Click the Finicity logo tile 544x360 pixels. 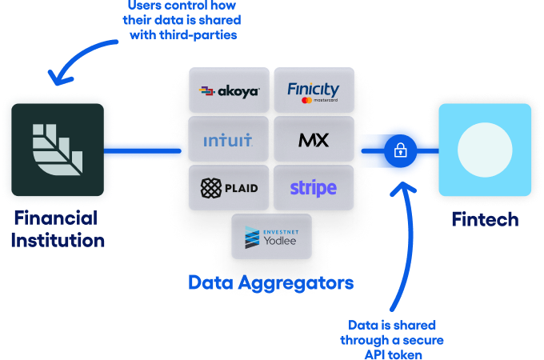coord(313,91)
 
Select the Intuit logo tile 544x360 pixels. coord(228,140)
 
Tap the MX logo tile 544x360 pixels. coord(313,140)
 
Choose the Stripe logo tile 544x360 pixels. coord(313,189)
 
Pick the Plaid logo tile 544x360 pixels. coord(228,189)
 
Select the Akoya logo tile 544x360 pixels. coord(228,91)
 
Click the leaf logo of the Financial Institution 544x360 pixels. coord(57,150)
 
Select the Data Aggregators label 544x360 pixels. coord(270,282)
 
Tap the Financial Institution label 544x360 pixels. coord(58,229)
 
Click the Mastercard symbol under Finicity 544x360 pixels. coord(306,102)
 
